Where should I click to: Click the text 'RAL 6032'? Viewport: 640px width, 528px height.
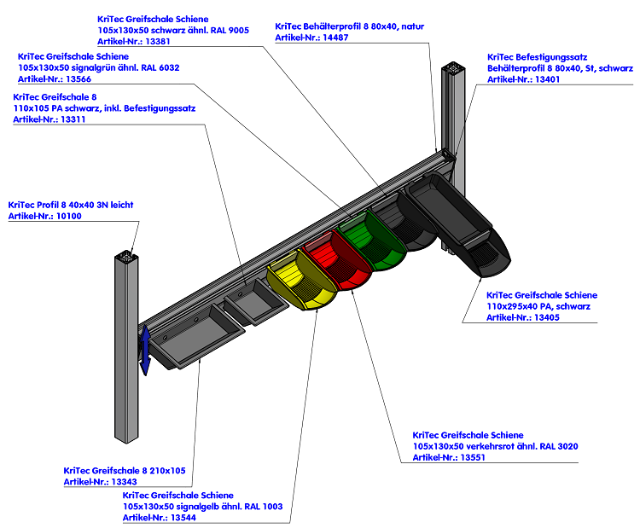point(158,67)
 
